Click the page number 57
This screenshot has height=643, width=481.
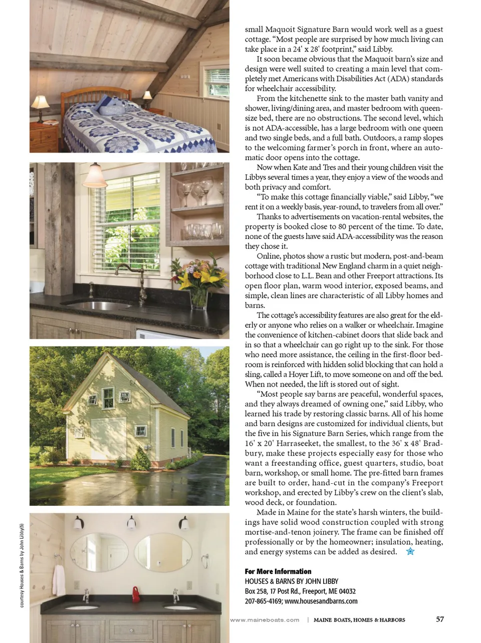click(439, 619)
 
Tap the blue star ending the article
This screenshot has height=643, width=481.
click(410, 552)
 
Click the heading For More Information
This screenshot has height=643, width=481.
click(278, 571)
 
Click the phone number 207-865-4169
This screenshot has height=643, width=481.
click(263, 601)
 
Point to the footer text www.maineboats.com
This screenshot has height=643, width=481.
click(265, 620)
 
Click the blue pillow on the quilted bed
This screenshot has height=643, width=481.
click(111, 106)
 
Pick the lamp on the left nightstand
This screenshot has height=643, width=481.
click(40, 106)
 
